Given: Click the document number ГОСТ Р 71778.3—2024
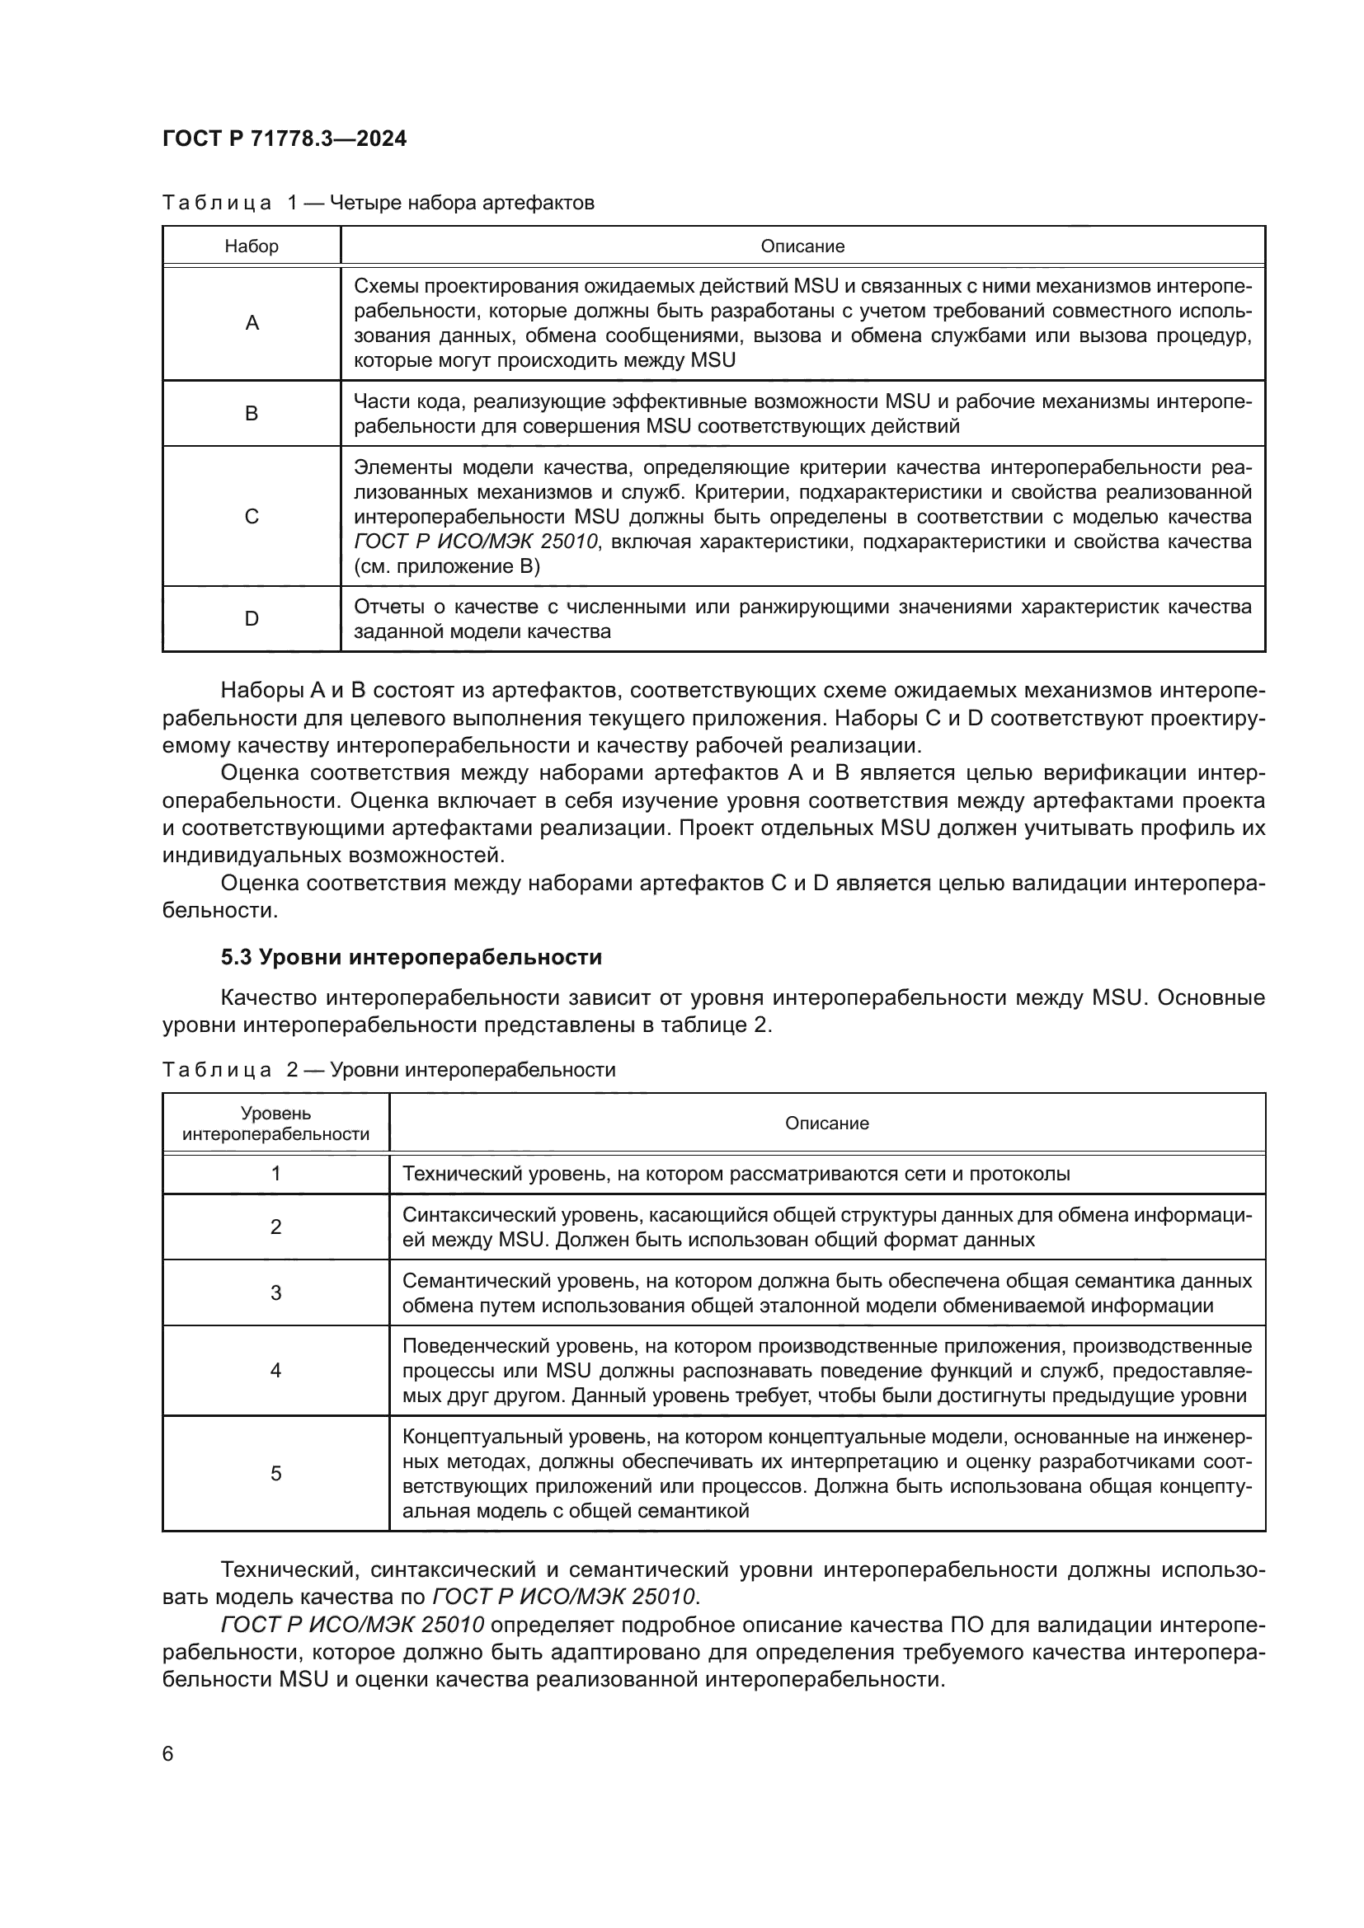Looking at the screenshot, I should tap(284, 138).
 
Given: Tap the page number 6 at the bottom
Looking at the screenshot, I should tap(168, 1753).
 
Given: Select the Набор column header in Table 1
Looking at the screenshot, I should tap(252, 246).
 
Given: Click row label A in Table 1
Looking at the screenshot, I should tap(252, 323).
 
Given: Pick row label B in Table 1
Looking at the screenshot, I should tap(252, 413).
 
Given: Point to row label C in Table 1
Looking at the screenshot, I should tap(252, 517).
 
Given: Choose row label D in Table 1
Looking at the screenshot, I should tap(252, 619).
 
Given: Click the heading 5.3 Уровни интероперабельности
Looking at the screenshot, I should tap(412, 957).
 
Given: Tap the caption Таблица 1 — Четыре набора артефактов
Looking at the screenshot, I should tap(378, 203).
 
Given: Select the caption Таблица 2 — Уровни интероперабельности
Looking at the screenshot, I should tap(389, 1070).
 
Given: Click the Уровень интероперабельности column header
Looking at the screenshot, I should tap(275, 1123).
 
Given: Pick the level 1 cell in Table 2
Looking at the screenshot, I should tap(275, 1173).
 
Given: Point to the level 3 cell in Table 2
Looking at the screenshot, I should tap(275, 1292).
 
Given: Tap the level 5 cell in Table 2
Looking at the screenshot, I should tap(275, 1474).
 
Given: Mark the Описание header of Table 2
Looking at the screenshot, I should tap(826, 1123).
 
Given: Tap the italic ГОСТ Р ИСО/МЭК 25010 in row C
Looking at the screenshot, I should tap(475, 542).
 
